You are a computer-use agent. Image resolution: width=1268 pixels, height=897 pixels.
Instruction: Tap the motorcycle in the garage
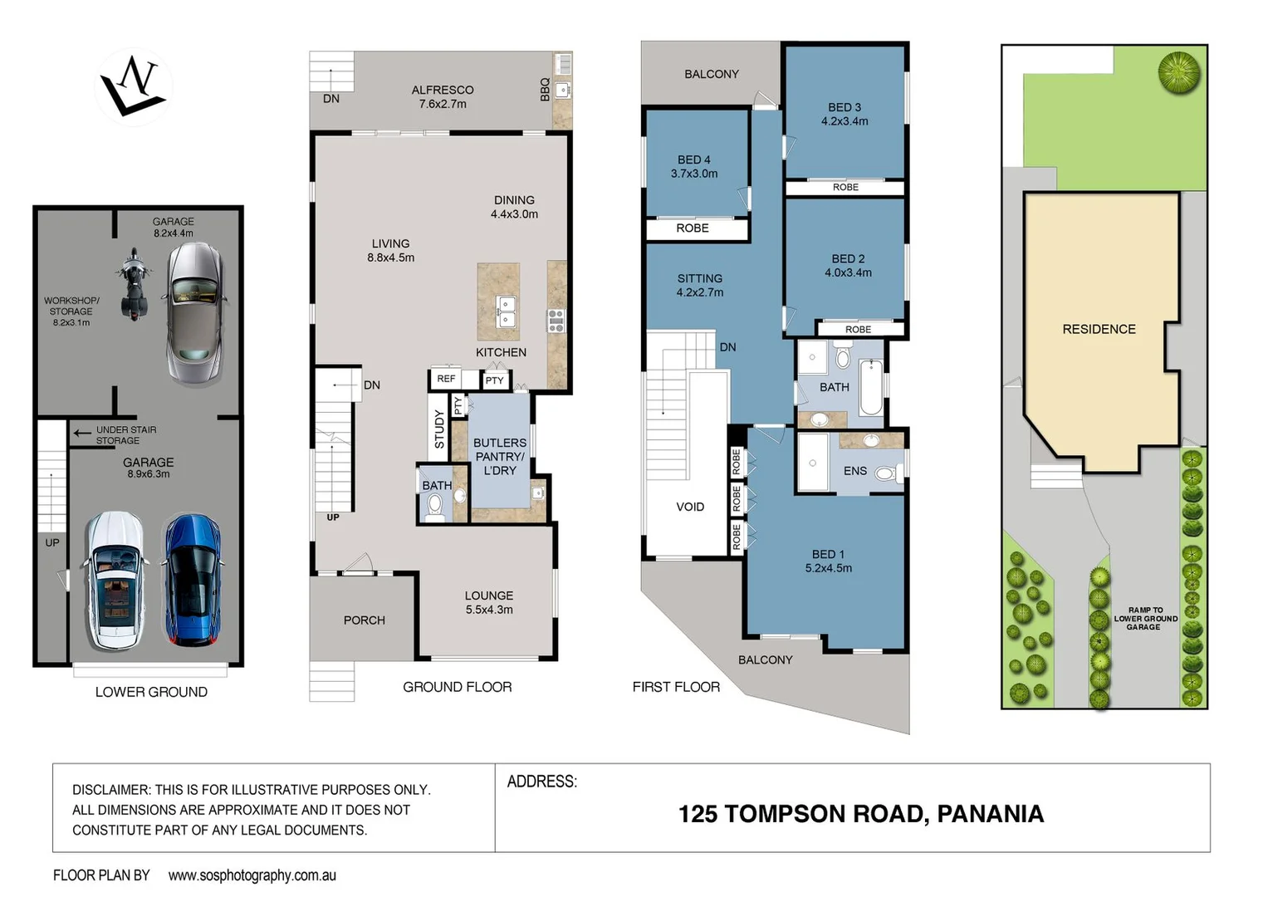[132, 284]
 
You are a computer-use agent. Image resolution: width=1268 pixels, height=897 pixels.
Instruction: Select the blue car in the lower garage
[192, 580]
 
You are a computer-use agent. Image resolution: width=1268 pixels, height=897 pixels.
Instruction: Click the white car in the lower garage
[115, 580]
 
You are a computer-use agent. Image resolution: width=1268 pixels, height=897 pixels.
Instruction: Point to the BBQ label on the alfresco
[545, 90]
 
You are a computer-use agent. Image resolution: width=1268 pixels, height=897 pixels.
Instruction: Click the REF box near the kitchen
[446, 379]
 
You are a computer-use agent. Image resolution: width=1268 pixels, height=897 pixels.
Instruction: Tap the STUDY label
[439, 429]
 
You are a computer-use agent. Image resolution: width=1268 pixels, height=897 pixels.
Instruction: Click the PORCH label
[364, 620]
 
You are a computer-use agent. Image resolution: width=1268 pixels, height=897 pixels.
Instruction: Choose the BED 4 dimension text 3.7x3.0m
[694, 174]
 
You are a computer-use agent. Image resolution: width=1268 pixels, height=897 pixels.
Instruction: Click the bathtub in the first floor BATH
[870, 387]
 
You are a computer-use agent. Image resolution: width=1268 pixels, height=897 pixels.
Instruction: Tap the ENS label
[854, 471]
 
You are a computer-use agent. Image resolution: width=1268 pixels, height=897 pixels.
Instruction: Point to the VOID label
[689, 507]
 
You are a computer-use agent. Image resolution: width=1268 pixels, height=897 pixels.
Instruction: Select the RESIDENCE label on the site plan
[1099, 329]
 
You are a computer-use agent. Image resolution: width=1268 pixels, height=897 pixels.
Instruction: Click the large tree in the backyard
[1179, 72]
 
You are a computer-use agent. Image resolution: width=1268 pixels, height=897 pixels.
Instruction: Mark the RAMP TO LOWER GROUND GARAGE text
[1145, 619]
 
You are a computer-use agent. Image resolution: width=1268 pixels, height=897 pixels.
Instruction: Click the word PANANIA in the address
[990, 814]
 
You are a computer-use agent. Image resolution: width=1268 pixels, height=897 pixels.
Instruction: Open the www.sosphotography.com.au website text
[252, 875]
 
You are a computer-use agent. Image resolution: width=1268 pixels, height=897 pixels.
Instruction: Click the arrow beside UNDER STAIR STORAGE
[81, 433]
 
